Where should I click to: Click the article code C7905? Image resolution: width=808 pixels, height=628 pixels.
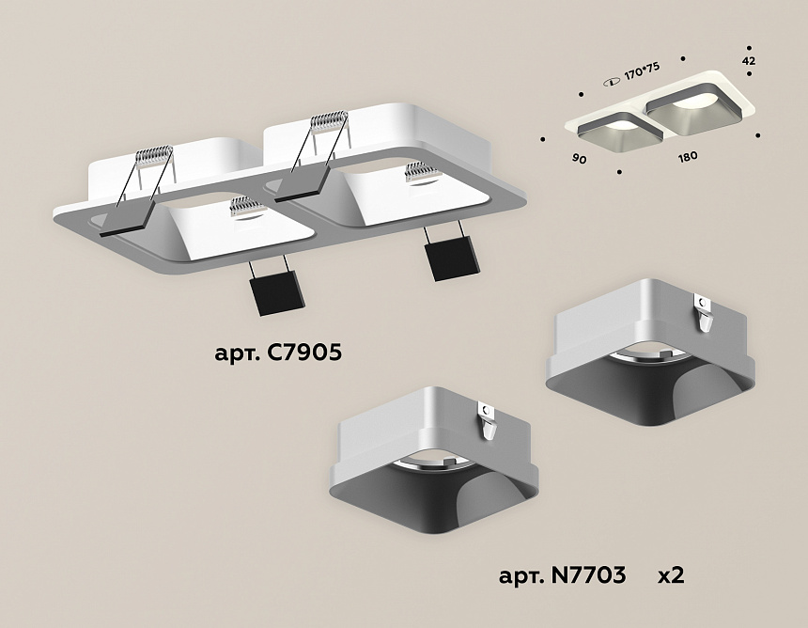[x=303, y=353]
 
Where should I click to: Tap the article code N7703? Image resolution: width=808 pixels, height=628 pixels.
[x=588, y=575]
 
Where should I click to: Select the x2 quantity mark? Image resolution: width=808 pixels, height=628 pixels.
[x=671, y=575]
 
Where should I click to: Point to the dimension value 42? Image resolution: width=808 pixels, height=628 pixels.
[x=749, y=61]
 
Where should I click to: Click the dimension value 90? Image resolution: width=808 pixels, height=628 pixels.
[x=579, y=159]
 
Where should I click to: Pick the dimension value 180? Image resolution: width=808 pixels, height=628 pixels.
[x=688, y=156]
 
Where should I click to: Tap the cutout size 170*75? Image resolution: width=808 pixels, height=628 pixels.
[x=642, y=71]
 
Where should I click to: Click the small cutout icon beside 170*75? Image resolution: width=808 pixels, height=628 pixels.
[x=613, y=82]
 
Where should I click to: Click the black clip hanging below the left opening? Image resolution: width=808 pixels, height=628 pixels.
[x=277, y=291]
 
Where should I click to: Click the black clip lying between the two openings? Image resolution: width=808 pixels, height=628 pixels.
[x=303, y=184]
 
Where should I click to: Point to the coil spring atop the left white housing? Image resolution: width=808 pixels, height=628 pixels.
[x=153, y=155]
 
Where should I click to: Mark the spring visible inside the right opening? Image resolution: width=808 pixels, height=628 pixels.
[x=423, y=172]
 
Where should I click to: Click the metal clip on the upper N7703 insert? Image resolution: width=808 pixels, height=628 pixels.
[x=704, y=312]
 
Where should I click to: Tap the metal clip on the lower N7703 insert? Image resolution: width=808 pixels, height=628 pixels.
[x=488, y=420]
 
